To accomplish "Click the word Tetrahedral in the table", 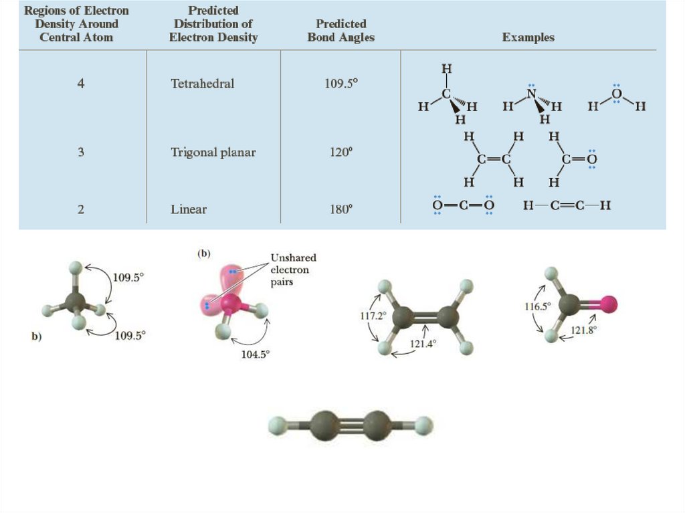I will tap(202, 84).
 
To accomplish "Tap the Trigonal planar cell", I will tap(213, 152).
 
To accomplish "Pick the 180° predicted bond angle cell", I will tap(340, 209).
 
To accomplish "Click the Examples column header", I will tap(528, 37).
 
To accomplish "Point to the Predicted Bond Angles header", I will tap(340, 31).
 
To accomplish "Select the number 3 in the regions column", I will tap(81, 152).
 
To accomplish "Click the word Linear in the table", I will tap(189, 209).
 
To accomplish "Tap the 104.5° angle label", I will tap(254, 355).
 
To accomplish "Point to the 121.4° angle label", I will tap(423, 344).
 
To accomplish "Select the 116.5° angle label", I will tap(537, 306).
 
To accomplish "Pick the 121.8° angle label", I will tap(583, 330).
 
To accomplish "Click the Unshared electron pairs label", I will tap(293, 270).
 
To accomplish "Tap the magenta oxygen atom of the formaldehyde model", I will tap(608, 305).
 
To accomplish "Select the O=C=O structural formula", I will tap(463, 205).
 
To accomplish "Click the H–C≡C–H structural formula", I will tap(567, 205).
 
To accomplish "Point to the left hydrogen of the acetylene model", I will tap(278, 425).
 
